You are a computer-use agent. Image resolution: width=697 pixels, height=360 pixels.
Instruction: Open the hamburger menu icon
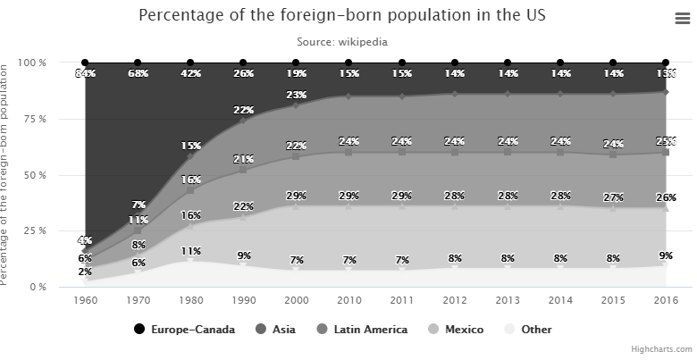(x=680, y=17)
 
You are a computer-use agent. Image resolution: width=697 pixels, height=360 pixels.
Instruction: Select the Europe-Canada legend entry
(x=184, y=330)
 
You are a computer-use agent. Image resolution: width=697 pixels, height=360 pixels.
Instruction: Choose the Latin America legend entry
(x=362, y=330)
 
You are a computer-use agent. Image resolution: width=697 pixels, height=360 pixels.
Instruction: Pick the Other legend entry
(x=529, y=330)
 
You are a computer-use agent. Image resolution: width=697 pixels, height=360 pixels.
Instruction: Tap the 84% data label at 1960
(x=86, y=73)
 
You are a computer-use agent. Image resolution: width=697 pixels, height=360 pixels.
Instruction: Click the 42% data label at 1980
(x=190, y=73)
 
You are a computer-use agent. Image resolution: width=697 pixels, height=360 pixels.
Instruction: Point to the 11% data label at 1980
(x=190, y=252)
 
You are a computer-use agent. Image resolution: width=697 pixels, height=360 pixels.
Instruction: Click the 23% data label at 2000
(x=296, y=95)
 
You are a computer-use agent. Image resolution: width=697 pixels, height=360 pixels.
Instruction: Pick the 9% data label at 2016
(x=667, y=255)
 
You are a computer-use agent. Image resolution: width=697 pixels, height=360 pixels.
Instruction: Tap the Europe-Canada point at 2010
(x=348, y=63)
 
